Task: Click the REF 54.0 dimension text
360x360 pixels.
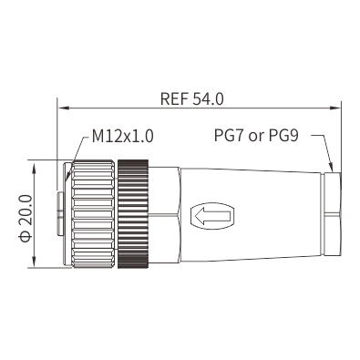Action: (x=192, y=99)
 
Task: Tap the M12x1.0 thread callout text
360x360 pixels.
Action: (x=123, y=137)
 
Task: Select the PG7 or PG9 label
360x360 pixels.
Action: (x=256, y=136)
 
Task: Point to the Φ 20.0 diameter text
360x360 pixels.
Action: (x=26, y=219)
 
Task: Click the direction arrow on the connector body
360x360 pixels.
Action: (x=212, y=216)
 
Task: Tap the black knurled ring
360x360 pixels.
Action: (x=133, y=213)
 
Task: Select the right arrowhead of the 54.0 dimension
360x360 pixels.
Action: (x=334, y=108)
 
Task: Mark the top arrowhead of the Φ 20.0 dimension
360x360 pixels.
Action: (x=35, y=167)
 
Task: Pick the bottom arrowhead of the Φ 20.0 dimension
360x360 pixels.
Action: (x=35, y=261)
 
